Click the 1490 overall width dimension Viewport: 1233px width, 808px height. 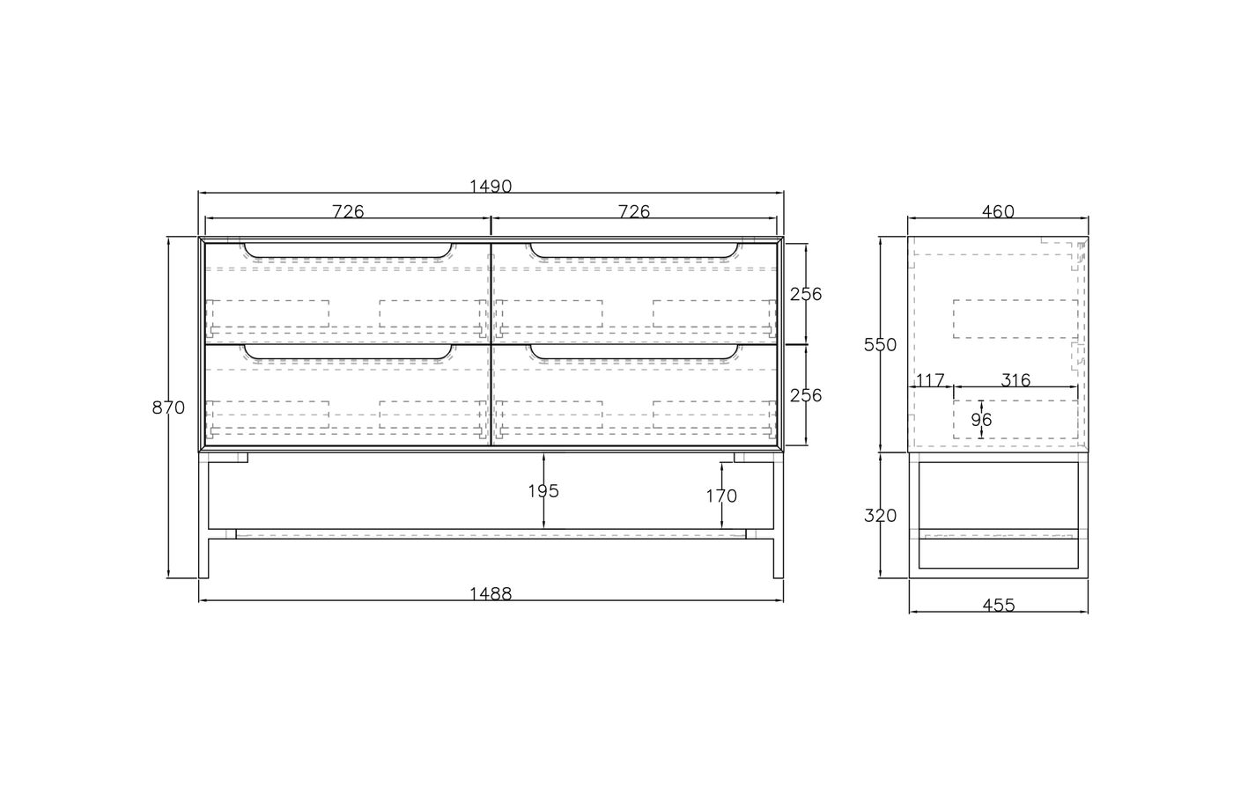click(x=491, y=187)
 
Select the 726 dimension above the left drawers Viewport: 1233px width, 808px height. click(x=348, y=211)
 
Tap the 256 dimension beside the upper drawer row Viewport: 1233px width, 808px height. click(x=805, y=294)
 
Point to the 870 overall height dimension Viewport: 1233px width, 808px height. click(x=168, y=408)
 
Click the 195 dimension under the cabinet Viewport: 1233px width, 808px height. click(x=543, y=491)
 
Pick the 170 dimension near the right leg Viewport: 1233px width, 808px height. click(x=721, y=496)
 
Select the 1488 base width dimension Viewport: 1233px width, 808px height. click(x=491, y=593)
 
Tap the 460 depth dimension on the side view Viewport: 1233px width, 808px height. click(x=998, y=211)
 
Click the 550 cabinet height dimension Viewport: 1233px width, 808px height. click(x=881, y=345)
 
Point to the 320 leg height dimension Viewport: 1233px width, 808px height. click(x=881, y=516)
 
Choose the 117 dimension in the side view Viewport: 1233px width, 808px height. click(x=930, y=380)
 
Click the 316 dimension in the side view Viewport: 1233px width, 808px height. click(x=1015, y=380)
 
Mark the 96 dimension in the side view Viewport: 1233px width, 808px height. click(x=981, y=420)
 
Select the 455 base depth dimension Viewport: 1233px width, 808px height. click(x=998, y=605)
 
